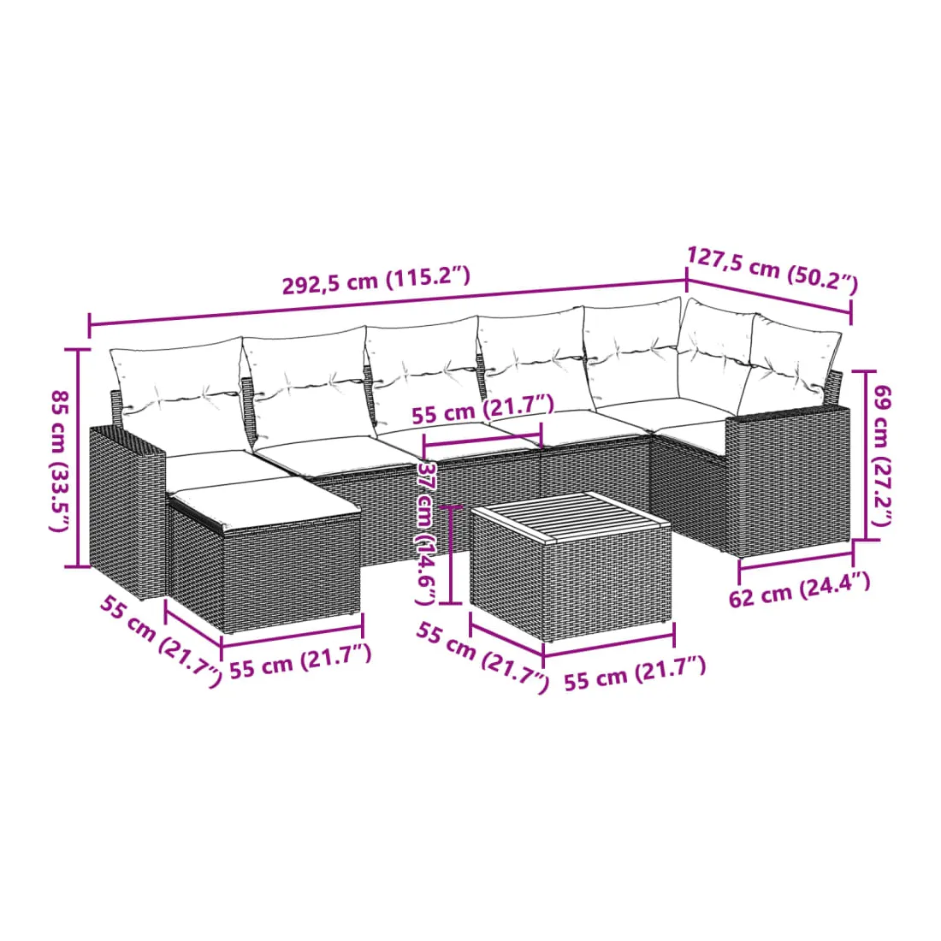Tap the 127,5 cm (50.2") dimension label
(772, 269)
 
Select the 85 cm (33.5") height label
(60, 460)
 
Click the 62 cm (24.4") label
(799, 590)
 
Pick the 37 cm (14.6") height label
(425, 533)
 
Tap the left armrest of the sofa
(127, 510)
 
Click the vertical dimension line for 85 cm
(77, 458)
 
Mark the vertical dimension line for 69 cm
(865, 455)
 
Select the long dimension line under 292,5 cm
(388, 304)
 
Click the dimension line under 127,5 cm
(769, 297)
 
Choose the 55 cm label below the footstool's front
(300, 660)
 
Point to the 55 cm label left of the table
(482, 657)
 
